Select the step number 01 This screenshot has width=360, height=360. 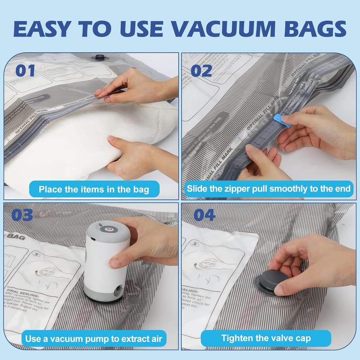(x=25, y=70)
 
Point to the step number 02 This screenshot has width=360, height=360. (x=201, y=70)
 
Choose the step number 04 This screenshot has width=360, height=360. (x=204, y=215)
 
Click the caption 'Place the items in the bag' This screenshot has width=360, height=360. (x=94, y=189)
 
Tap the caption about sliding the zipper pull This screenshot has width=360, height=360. (x=268, y=189)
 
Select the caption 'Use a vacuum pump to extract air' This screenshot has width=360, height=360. (x=94, y=338)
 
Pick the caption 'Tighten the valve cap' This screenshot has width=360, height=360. (x=266, y=338)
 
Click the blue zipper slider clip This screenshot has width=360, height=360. (x=282, y=120)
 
